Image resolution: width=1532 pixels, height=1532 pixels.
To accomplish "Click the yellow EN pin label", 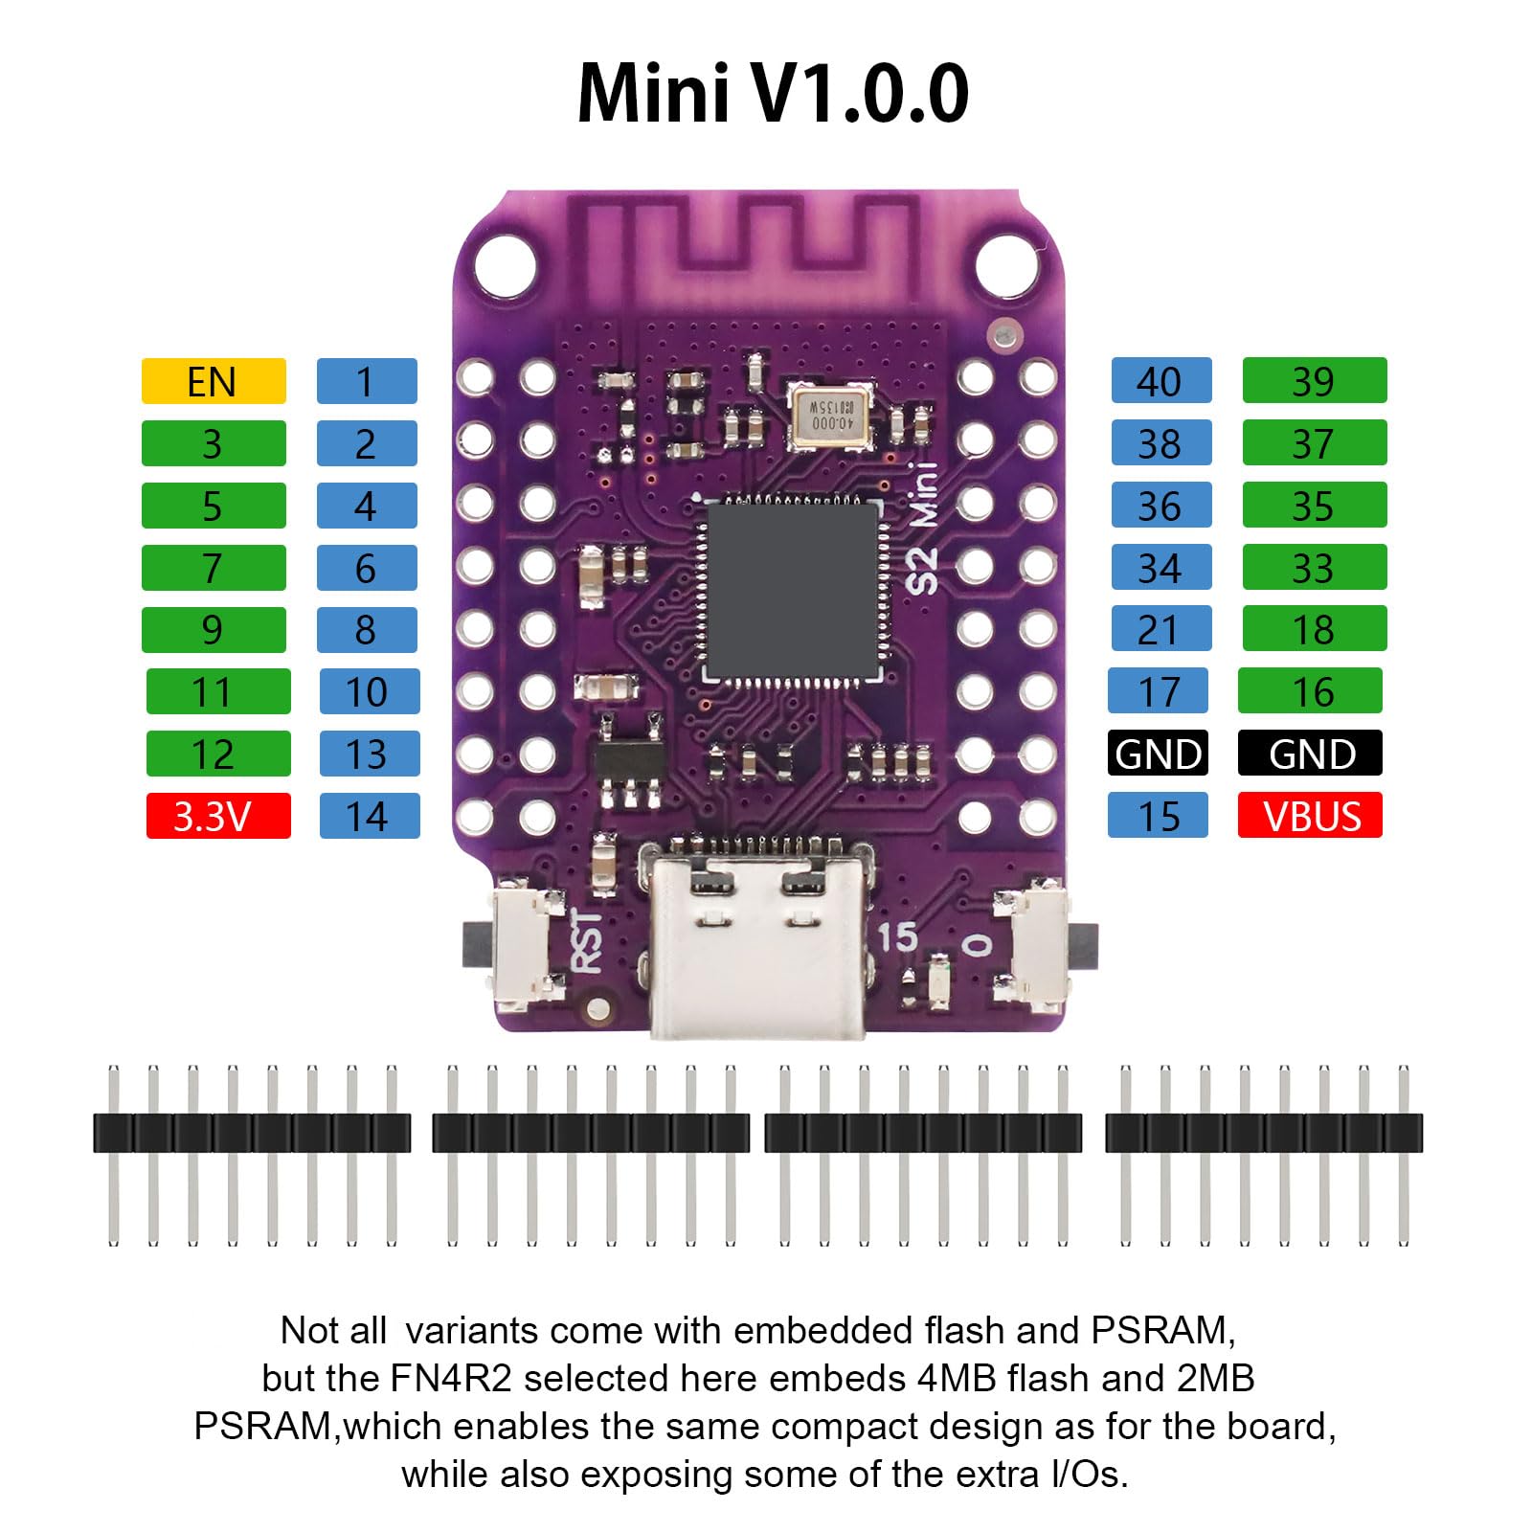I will click(x=214, y=381).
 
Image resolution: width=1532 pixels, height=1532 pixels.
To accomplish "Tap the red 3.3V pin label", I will click(x=218, y=816).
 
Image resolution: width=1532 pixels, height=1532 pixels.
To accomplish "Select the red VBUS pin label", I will click(x=1310, y=816).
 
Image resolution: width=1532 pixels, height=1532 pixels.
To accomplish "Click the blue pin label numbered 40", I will click(x=1160, y=381).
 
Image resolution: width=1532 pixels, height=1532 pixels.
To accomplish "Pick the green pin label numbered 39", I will click(x=1314, y=381).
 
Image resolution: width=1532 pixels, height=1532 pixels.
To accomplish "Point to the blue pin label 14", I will click(x=369, y=816).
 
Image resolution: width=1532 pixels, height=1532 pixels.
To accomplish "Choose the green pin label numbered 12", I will click(x=218, y=754).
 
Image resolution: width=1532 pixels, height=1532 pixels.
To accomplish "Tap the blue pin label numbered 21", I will click(x=1160, y=629).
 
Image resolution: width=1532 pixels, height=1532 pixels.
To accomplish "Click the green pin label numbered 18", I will click(x=1314, y=629).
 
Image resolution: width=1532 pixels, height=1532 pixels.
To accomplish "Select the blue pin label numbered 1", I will click(x=367, y=381).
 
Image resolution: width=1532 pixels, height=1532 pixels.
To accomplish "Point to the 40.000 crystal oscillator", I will click(x=829, y=417).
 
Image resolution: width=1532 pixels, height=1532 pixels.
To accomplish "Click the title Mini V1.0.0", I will click(x=772, y=93).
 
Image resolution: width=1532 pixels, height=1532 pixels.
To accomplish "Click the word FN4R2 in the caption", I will click(x=450, y=1378).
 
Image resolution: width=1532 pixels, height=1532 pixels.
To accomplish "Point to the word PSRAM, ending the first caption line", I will click(x=1160, y=1330).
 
